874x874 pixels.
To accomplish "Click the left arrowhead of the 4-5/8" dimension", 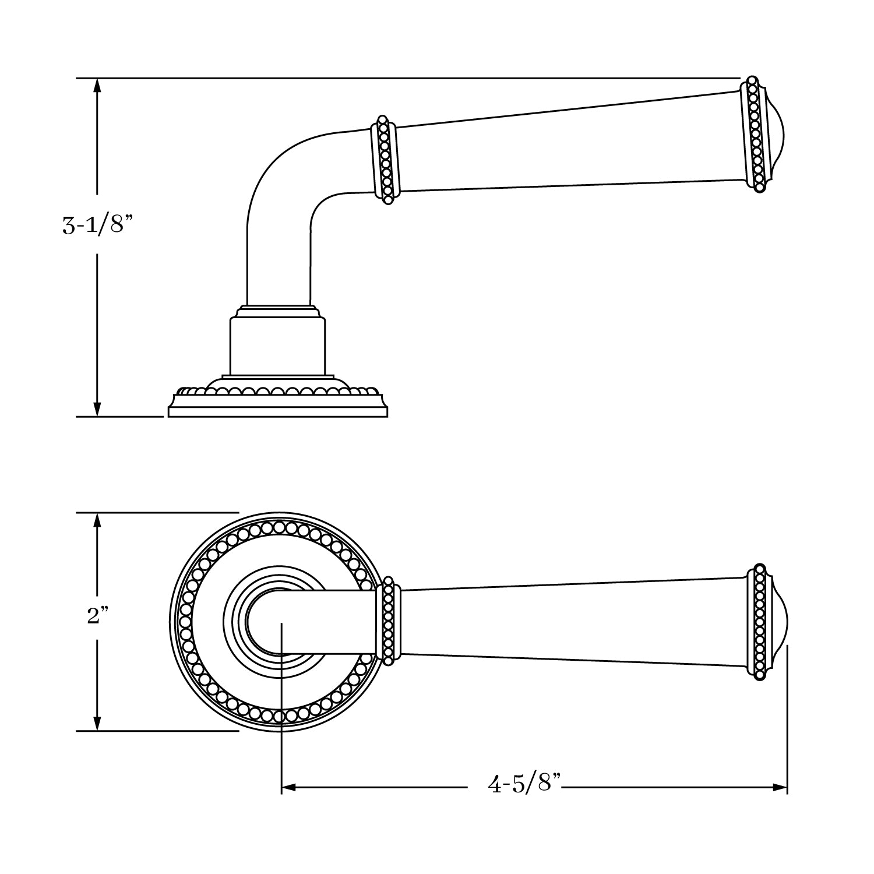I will pyautogui.click(x=289, y=788).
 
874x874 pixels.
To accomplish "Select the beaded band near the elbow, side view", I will pyautogui.click(x=385, y=159).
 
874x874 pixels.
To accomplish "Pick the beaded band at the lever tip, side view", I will pyautogui.click(x=755, y=134).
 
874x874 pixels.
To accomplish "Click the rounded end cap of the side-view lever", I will pyautogui.click(x=775, y=134).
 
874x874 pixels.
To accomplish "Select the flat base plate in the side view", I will pyautogui.click(x=278, y=411).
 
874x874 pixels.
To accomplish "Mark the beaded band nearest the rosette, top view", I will pyautogui.click(x=388, y=622).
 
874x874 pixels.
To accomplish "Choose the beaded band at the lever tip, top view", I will pyautogui.click(x=759, y=622).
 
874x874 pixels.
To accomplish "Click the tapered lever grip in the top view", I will pyautogui.click(x=571, y=622).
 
